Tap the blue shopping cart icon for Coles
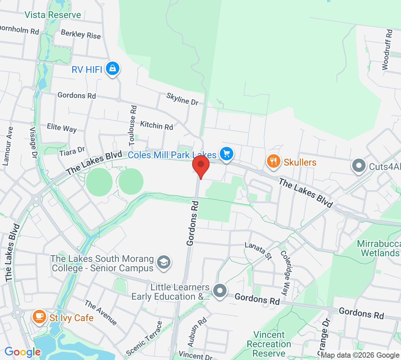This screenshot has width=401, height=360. tap(227, 154)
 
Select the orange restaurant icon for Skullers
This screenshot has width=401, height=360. tap(273, 162)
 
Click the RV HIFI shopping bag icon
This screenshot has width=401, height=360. tap(113, 69)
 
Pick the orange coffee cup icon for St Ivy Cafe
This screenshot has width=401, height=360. tap(39, 317)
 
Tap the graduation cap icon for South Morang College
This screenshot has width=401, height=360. tap(163, 262)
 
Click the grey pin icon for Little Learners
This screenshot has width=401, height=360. tap(220, 291)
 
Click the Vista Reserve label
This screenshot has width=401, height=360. tap(53, 15)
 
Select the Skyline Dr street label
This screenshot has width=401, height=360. tap(182, 99)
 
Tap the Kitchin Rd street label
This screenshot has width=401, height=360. tap(156, 125)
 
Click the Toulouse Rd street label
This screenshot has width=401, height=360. tap(133, 125)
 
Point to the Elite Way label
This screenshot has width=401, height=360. tap(62, 128)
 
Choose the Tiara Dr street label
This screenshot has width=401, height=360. tap(72, 152)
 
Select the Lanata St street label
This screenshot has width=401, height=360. tap(258, 251)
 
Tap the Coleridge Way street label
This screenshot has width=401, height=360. tap(286, 273)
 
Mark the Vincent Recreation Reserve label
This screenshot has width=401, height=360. tap(269, 344)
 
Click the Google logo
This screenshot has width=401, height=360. tap(22, 352)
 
